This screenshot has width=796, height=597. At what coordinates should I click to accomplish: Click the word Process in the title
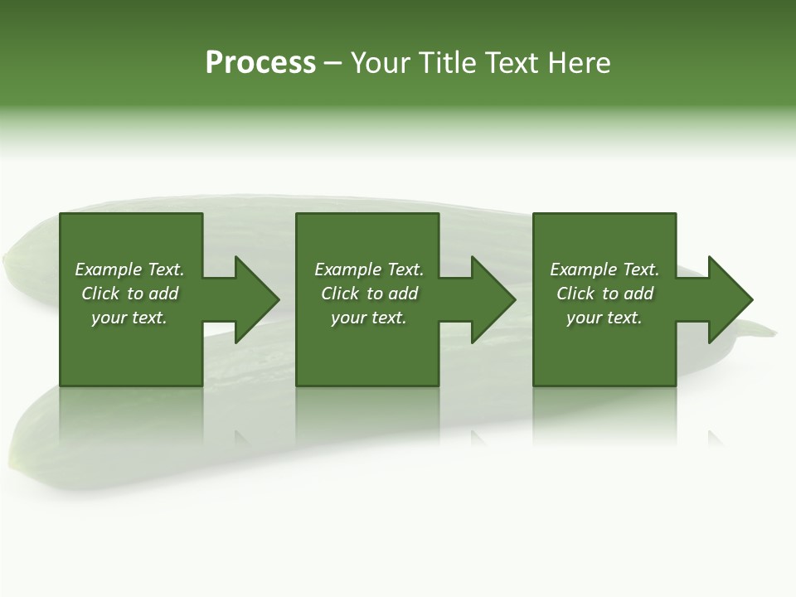pos(260,63)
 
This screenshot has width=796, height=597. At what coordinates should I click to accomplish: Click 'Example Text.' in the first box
pos(129,269)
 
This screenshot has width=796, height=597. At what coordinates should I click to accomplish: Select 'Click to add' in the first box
pos(129,294)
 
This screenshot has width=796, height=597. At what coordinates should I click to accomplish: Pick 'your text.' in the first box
pos(129,318)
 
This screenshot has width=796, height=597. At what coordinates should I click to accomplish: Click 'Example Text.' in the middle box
pos(369,269)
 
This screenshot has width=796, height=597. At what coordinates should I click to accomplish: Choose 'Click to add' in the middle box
pos(369,294)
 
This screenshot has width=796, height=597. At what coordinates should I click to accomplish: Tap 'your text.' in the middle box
pos(369,318)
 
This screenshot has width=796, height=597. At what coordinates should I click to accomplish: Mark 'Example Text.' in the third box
pos(604,269)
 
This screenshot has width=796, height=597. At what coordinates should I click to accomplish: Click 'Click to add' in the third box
pos(604,294)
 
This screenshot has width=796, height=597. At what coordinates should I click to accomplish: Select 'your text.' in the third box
pos(604,318)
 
